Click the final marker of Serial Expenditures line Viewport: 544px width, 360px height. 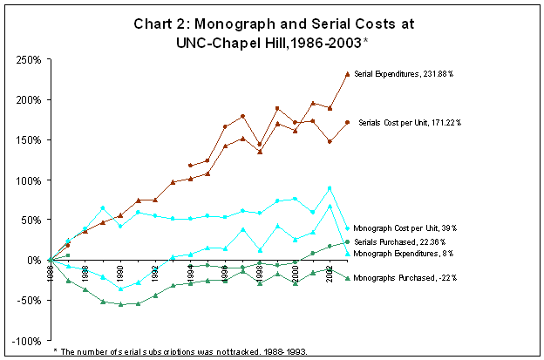(348, 74)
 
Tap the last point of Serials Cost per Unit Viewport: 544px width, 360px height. (348, 122)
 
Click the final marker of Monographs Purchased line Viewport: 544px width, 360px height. (348, 278)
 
